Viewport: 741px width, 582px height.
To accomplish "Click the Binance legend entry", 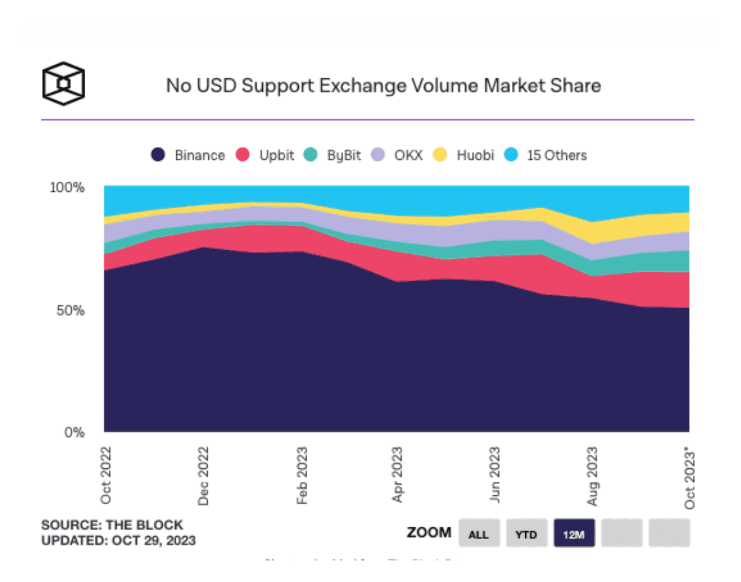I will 188,155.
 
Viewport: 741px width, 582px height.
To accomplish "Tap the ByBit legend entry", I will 332,155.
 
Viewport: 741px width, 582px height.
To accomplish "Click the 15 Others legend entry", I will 546,155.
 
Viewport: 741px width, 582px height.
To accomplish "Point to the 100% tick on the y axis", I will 67,188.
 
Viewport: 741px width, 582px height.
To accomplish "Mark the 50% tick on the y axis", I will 70,311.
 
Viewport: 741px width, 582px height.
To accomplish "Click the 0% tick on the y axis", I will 74,432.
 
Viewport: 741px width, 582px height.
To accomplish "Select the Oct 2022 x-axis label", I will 106,475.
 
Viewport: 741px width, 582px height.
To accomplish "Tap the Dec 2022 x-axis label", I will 203,476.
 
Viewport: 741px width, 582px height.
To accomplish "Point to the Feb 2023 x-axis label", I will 302,476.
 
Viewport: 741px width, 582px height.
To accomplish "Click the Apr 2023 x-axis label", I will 397,475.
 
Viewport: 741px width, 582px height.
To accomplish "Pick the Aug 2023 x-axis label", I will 592,476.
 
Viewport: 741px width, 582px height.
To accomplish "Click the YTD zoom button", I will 526,534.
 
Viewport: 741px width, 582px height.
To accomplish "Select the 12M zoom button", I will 574,534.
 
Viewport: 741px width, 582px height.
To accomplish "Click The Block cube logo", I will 64,84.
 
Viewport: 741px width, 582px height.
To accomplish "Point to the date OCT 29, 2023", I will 154,541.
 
